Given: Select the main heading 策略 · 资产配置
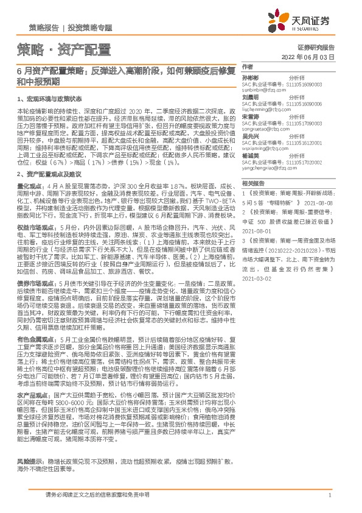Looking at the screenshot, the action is tap(63, 49).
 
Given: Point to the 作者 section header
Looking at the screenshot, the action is tap(247, 66).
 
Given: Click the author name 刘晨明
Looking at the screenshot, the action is tap(251, 97).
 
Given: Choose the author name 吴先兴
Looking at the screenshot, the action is tap(251, 136).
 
